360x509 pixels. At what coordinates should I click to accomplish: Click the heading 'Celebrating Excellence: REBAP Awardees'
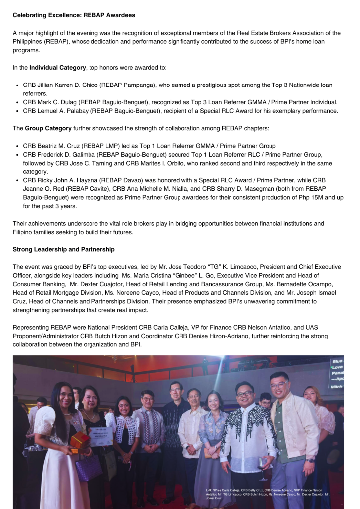[74, 15]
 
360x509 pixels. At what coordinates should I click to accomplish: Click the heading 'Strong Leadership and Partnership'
[64, 249]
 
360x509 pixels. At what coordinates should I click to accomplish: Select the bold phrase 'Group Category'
[48, 128]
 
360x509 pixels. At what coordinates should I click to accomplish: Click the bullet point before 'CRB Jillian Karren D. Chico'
[17, 85]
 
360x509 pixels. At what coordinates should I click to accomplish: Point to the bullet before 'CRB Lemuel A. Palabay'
[17, 111]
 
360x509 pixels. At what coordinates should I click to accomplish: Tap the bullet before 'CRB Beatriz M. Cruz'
[17, 146]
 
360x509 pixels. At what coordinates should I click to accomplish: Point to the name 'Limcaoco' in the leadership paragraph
[252, 266]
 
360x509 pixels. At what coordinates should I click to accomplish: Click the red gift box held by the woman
[80, 440]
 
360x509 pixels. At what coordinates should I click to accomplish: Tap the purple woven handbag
[89, 467]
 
